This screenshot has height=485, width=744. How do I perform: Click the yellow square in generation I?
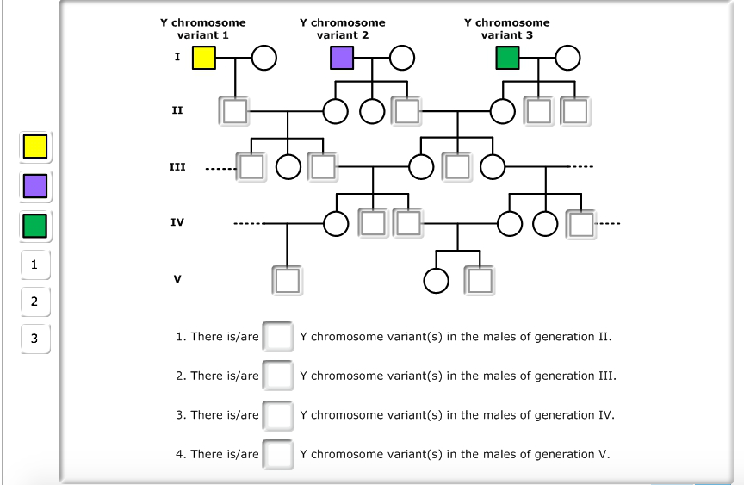204,58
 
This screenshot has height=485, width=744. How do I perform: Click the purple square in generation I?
342,58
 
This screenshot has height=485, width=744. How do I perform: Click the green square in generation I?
508,58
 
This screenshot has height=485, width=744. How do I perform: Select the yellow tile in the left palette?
35,146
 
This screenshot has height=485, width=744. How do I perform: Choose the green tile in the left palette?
35,226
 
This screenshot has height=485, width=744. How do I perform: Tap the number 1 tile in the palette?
34,264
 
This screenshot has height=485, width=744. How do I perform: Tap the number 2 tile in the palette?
34,302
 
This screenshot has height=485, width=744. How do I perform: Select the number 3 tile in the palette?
34,338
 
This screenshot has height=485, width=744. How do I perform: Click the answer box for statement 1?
278,336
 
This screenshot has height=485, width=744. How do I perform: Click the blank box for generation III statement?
278,376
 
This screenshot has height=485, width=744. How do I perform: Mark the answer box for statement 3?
278,415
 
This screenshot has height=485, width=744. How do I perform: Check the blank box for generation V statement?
278,454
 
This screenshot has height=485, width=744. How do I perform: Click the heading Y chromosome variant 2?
342,28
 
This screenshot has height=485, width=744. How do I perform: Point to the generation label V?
177,279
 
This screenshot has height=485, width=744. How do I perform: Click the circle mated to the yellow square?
265,58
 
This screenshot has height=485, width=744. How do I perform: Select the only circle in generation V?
437,280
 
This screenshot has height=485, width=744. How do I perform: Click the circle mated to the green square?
567,58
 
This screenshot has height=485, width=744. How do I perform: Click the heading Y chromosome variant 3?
506,28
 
